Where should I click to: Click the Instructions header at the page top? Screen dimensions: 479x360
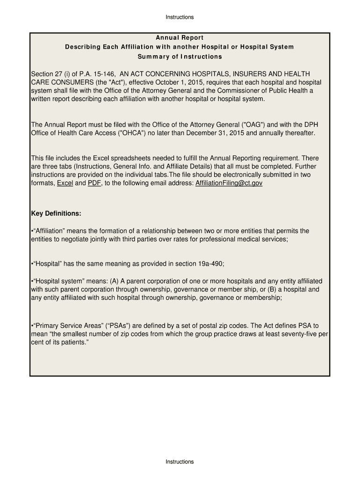click(x=180, y=17)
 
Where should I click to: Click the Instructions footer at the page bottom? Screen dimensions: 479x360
click(x=180, y=462)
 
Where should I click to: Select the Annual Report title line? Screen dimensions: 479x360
click(x=180, y=37)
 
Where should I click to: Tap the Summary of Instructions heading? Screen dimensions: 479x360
click(x=180, y=57)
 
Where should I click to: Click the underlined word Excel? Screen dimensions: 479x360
click(x=65, y=183)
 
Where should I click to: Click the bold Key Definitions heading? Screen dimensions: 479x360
click(x=56, y=214)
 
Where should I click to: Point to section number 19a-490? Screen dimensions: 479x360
click(x=210, y=264)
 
